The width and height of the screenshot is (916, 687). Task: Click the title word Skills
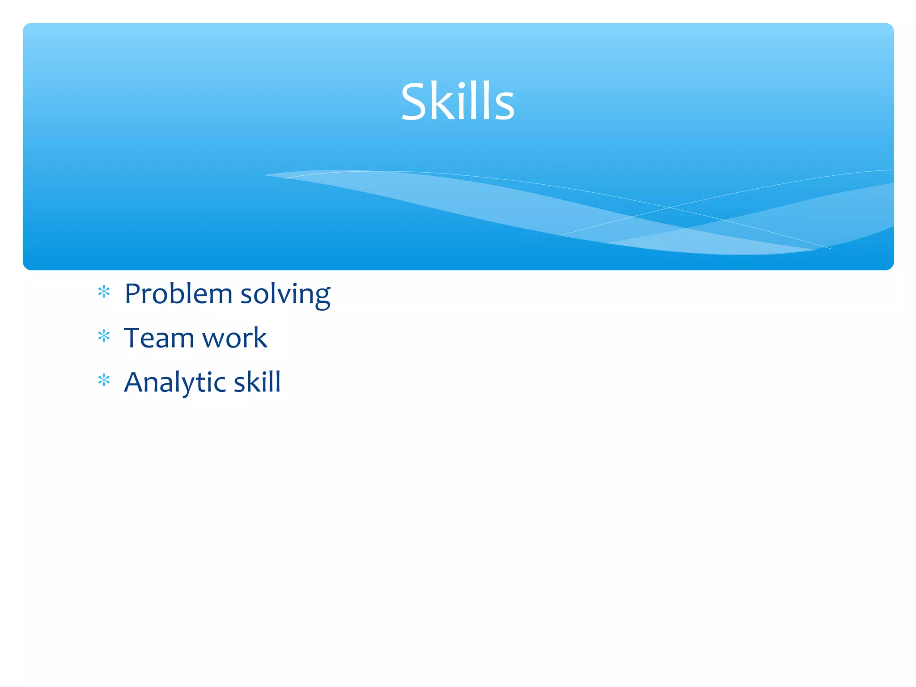458,102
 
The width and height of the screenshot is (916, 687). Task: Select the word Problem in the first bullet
178,294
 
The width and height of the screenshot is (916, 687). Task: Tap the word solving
285,295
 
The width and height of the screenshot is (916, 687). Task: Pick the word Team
158,338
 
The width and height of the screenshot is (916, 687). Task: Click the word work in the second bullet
234,338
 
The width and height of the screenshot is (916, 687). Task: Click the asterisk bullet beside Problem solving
104,292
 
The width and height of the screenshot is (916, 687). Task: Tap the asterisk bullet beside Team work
104,336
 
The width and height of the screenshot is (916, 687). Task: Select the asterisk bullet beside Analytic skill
104,380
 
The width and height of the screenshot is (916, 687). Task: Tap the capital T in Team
134,338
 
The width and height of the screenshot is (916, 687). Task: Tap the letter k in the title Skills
441,102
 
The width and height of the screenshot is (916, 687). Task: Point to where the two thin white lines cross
670,208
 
